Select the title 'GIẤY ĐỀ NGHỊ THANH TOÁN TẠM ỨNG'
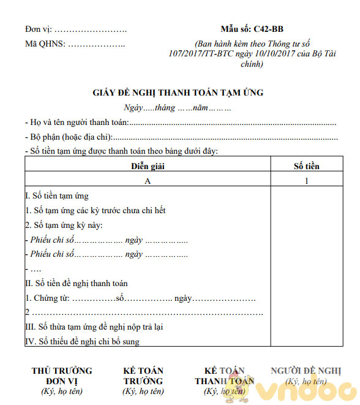[x=178, y=93]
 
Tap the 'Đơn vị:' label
[x=39, y=29]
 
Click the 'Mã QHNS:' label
[x=44, y=44]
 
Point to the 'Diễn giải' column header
[x=148, y=166]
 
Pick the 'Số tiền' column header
[x=306, y=166]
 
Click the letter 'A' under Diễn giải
[x=148, y=181]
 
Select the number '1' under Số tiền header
[x=306, y=181]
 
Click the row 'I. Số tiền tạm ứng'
[x=56, y=196]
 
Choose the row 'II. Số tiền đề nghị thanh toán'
[x=76, y=284]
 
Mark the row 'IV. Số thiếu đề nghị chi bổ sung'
[x=82, y=341]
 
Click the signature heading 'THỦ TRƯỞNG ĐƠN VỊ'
[x=62, y=376]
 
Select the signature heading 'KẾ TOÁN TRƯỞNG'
[x=143, y=376]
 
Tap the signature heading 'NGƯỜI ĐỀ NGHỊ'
[x=306, y=371]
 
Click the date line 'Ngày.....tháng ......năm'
[x=177, y=108]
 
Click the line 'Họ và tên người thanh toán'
[x=77, y=123]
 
